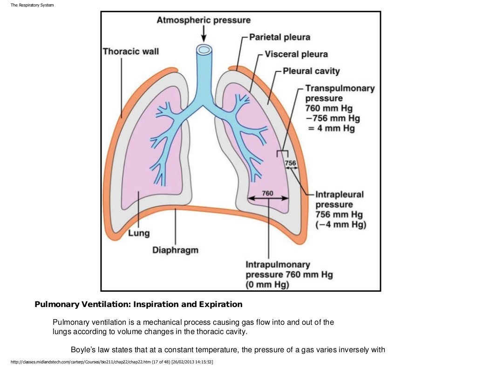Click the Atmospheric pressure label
[203, 20]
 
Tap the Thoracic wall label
[130, 51]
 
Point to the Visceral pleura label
[296, 54]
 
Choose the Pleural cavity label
[311, 71]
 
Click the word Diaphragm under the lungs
[175, 250]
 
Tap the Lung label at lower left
[139, 233]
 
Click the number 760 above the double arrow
[267, 193]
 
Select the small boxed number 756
[290, 163]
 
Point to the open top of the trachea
[203, 49]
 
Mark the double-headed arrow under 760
[267, 199]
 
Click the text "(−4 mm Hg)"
[341, 225]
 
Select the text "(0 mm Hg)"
[267, 285]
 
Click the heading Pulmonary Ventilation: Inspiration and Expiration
[138, 305]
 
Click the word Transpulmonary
[340, 88]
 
